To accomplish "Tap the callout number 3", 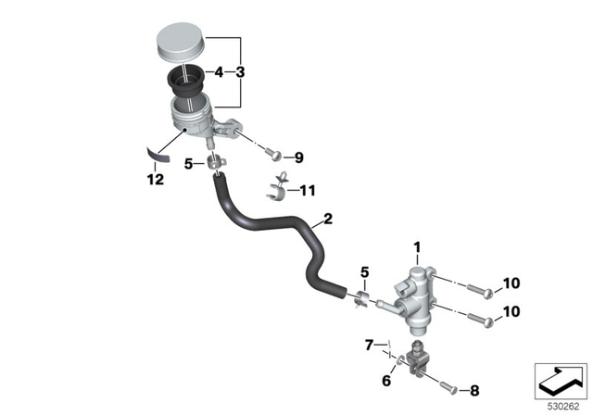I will click(241, 71).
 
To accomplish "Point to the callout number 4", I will click(218, 71).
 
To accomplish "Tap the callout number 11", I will click(306, 192).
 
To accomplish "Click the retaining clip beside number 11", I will click(275, 189).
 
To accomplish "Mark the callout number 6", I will click(386, 381).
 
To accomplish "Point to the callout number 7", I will click(370, 346).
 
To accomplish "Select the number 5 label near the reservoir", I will click(188, 165).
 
